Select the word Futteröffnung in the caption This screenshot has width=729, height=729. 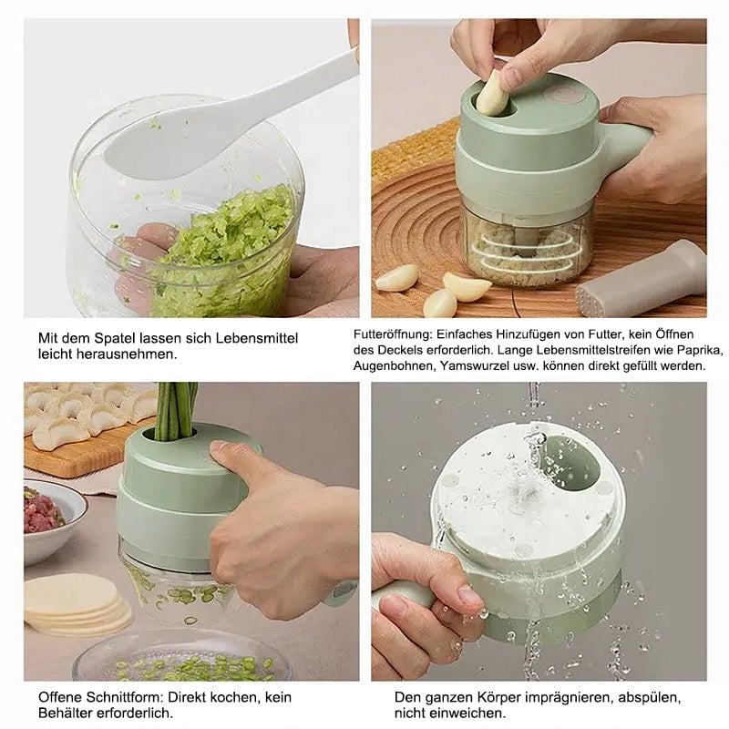click(x=394, y=334)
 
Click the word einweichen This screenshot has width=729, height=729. click(x=467, y=714)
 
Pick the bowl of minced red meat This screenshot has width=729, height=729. click(x=54, y=520)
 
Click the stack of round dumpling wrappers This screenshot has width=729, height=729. click(x=77, y=603)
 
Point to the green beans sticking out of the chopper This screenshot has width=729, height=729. click(x=175, y=412)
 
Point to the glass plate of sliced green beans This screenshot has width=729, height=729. click(x=182, y=655)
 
